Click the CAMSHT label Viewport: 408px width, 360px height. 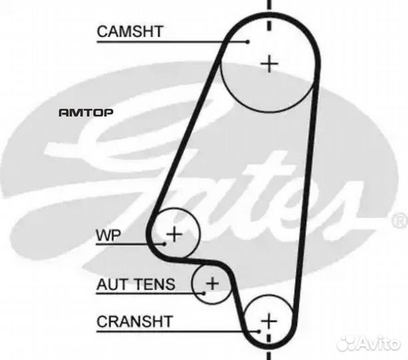pyautogui.click(x=130, y=31)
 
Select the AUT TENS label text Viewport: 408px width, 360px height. pyautogui.click(x=136, y=285)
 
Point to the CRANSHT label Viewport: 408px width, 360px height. pyautogui.click(x=135, y=321)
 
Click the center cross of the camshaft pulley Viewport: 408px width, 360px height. pyautogui.click(x=268, y=63)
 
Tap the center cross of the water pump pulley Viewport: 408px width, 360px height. pyautogui.click(x=174, y=234)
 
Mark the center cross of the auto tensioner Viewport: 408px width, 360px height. pyautogui.click(x=211, y=283)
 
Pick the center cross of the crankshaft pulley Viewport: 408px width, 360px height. pyautogui.click(x=268, y=321)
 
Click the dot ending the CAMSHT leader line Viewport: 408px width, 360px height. pyautogui.click(x=247, y=42)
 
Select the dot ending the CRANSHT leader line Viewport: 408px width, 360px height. pyautogui.click(x=258, y=329)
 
